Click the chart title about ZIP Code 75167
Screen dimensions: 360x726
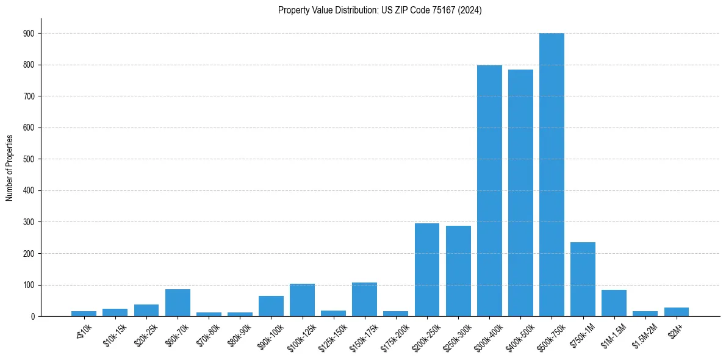(379, 10)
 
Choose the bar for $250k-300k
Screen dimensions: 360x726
(458, 271)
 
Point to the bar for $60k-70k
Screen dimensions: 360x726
(178, 303)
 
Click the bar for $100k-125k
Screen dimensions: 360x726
(302, 300)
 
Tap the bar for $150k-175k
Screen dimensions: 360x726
(364, 300)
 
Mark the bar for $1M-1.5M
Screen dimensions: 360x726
(614, 303)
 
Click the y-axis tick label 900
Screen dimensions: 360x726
(30, 34)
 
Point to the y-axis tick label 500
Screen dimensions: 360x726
(30, 159)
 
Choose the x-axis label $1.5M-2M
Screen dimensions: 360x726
(645, 334)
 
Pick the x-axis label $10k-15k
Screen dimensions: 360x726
(115, 334)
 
